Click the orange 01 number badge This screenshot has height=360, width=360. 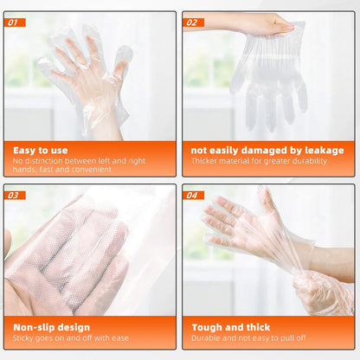(16, 22)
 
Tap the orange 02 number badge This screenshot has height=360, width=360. (192, 22)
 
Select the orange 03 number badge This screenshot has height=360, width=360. (16, 196)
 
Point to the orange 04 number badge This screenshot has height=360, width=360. (192, 196)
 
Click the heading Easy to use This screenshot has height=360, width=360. (41, 150)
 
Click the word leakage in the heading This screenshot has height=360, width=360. (324, 150)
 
